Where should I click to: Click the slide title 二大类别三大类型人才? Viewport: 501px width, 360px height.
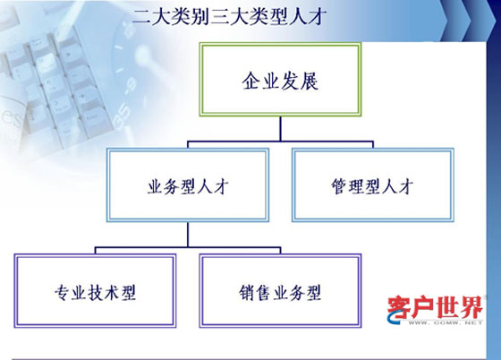[229, 16]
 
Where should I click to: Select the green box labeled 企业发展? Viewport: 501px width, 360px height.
[280, 80]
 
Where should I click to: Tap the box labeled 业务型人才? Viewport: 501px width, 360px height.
[188, 185]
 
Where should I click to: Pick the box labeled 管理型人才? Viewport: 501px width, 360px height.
[373, 185]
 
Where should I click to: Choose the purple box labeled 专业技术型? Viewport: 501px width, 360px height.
[95, 291]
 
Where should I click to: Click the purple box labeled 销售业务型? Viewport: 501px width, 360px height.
[280, 291]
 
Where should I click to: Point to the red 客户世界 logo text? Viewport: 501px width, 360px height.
[435, 307]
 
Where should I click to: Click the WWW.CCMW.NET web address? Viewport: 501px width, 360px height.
[446, 322]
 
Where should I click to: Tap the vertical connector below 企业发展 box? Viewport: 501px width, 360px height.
[281, 129]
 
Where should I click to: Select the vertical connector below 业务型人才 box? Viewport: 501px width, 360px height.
[188, 235]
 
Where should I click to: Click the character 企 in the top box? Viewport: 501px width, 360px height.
[251, 81]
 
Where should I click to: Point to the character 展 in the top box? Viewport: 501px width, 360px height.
[309, 81]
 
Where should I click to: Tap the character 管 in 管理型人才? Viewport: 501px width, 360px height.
[339, 186]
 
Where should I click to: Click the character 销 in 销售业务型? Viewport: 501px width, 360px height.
[247, 293]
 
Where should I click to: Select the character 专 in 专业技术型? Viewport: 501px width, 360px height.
[63, 293]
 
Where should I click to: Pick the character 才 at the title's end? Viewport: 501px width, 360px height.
[317, 17]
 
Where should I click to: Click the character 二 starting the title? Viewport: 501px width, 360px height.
[141, 17]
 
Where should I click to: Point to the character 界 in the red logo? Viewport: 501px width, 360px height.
[471, 307]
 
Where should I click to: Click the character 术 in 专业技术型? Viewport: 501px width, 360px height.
[112, 293]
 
